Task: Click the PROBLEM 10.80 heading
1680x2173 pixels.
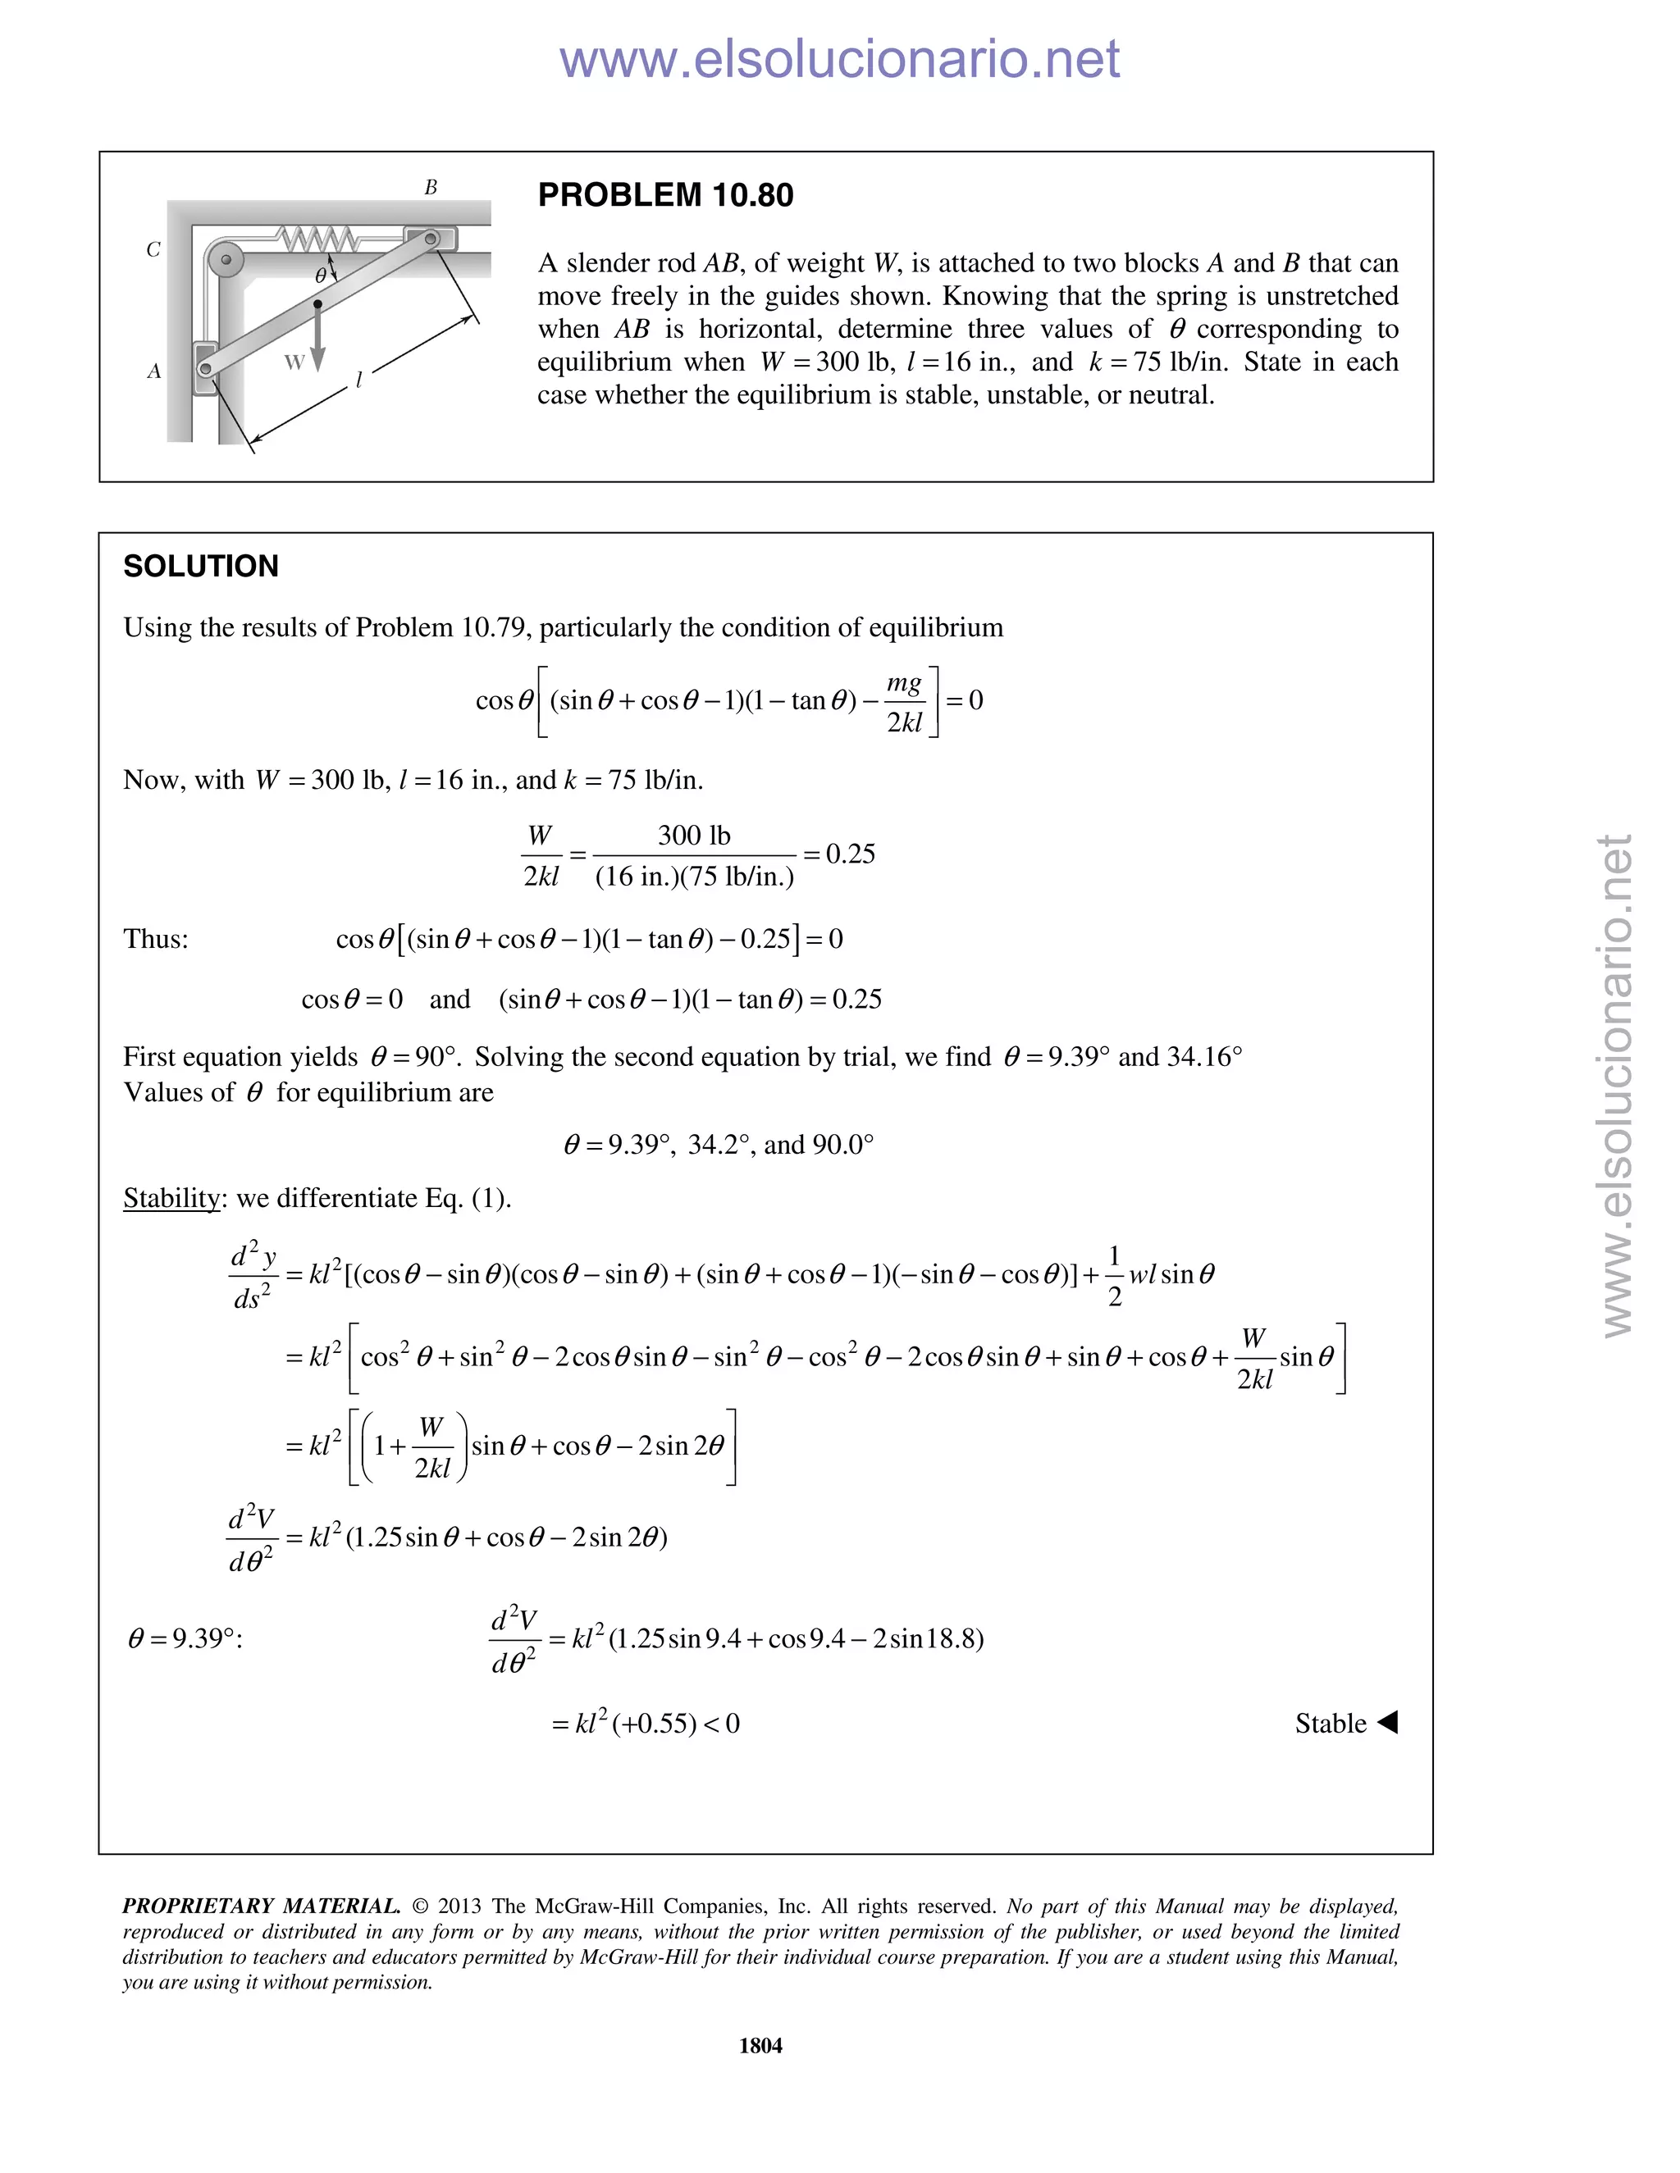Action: coord(664,195)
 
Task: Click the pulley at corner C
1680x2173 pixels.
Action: coord(226,261)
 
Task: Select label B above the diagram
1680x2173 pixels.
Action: coord(431,188)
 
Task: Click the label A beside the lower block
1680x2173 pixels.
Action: coord(154,372)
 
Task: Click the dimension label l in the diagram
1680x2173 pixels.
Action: coord(359,379)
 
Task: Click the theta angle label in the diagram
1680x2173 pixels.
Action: coord(321,274)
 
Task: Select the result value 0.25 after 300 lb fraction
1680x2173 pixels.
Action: coord(850,854)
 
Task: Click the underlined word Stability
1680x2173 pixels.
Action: coord(171,1198)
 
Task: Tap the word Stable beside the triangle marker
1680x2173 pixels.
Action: coord(1330,1724)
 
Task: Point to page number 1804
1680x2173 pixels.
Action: coord(760,2046)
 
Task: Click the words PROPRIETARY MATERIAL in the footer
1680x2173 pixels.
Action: coord(261,1906)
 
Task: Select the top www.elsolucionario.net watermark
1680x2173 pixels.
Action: coord(839,59)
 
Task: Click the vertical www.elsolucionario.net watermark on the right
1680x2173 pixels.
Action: coord(1616,1085)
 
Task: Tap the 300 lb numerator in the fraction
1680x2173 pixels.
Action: coord(694,836)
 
